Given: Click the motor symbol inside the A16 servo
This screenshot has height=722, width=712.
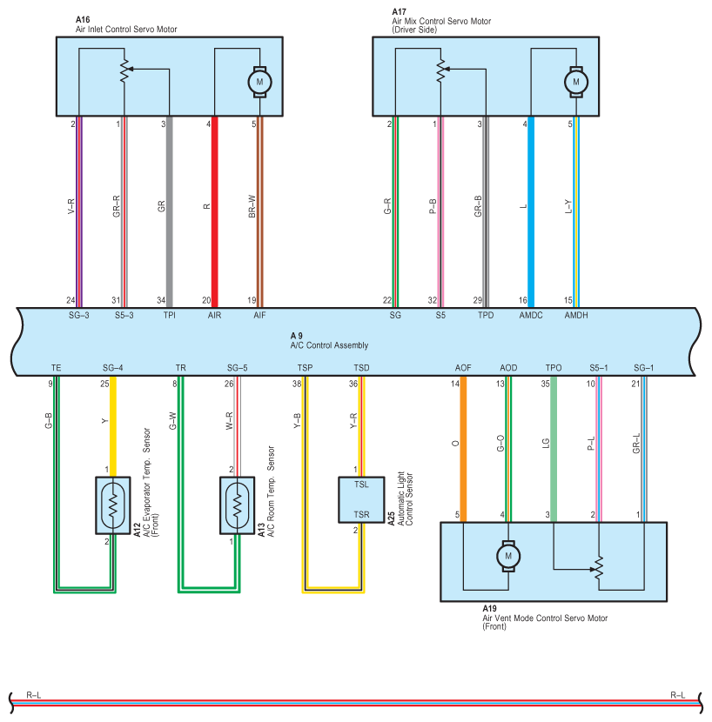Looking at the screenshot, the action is (x=259, y=82).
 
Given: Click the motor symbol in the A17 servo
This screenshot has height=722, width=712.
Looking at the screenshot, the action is (x=576, y=82).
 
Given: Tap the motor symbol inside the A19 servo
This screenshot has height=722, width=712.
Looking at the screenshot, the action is (x=508, y=556).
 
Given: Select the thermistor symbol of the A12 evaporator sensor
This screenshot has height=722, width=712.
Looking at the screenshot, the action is (x=113, y=505).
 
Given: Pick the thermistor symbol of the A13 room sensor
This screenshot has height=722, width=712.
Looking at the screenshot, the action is (x=238, y=505).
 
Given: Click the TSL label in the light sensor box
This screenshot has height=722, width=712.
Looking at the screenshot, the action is (x=361, y=485).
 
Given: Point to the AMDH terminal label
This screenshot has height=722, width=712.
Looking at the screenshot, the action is (x=576, y=316).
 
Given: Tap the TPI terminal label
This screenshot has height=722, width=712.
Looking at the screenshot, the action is (x=169, y=316).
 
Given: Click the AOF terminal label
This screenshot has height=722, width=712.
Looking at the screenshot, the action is (x=463, y=368).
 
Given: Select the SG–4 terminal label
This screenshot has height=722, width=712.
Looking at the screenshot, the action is (x=113, y=368).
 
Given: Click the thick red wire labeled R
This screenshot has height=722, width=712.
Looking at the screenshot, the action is (x=215, y=211).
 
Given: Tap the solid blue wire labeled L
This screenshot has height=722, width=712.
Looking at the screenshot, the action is (x=531, y=211).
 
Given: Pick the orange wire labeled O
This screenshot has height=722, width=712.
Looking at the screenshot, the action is (x=463, y=449).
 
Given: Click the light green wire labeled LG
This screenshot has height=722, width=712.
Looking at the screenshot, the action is (x=554, y=449).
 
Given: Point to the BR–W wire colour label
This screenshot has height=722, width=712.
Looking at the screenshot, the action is (x=252, y=206).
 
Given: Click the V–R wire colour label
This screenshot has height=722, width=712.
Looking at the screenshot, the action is (x=71, y=206).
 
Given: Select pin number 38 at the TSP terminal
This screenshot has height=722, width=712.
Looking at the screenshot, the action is (x=297, y=384).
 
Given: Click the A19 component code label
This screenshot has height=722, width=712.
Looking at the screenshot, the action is (x=489, y=609).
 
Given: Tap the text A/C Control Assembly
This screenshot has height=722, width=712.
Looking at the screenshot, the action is (x=329, y=345).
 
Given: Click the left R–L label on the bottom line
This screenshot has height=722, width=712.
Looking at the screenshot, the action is (x=34, y=695).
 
